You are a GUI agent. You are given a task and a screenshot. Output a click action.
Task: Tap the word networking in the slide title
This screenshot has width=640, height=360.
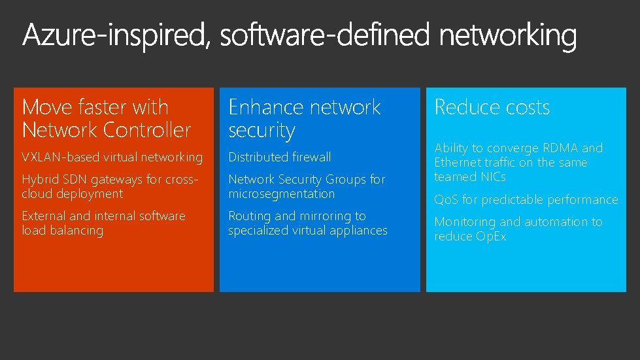508,36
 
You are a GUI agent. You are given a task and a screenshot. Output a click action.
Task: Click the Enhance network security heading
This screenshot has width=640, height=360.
304,118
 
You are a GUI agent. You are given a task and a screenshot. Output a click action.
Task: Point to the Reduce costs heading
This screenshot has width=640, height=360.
492,107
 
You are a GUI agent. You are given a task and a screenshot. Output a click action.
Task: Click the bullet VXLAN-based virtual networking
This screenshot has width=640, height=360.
112,157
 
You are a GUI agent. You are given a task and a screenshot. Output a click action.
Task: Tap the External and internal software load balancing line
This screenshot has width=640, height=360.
103,223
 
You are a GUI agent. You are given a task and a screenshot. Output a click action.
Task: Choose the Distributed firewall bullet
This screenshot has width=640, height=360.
279,157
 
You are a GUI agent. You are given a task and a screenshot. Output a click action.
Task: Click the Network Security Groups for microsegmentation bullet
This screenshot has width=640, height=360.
307,186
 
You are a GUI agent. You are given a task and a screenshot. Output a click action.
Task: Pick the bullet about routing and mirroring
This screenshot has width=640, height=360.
307,223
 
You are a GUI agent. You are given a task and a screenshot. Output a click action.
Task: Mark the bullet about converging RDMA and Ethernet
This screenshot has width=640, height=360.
518,162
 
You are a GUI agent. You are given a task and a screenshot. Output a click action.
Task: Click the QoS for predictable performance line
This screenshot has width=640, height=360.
526,200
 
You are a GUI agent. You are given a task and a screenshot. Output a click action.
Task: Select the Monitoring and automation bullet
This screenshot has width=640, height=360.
518,229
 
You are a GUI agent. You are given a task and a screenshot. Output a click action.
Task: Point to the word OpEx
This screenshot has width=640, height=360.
490,237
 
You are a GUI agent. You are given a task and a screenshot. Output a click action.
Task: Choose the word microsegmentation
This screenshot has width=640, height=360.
281,194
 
